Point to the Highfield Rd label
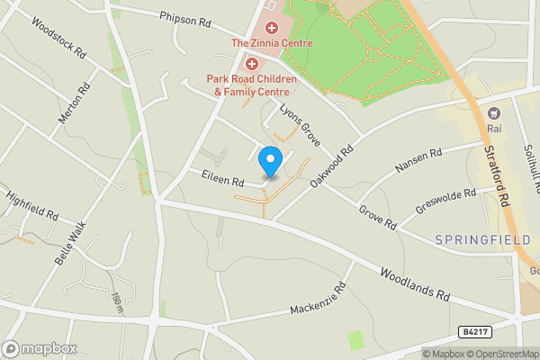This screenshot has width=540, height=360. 31,205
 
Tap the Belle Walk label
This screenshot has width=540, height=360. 68,241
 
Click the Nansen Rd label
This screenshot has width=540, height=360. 418,162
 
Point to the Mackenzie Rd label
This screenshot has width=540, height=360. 319,301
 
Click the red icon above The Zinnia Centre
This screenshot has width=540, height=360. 272,29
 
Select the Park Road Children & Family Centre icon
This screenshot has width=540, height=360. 252,64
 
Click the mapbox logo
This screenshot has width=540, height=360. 39,348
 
